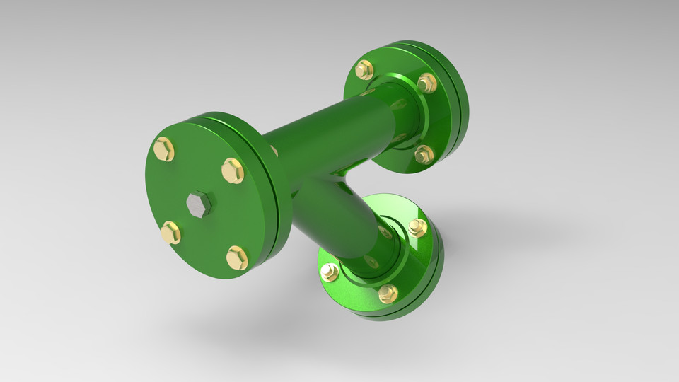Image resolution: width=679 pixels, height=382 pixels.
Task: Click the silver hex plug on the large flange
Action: (199, 204)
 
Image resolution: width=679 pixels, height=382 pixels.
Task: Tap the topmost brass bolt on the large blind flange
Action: (163, 149)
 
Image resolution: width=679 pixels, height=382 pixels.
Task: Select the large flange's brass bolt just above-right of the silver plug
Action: (232, 170)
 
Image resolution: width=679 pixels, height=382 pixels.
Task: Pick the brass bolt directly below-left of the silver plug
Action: (170, 233)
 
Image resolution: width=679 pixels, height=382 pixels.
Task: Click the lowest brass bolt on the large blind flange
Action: (237, 257)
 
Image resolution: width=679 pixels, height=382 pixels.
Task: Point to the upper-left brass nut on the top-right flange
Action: (364, 69)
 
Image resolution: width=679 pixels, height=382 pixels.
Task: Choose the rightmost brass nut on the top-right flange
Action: (426, 83)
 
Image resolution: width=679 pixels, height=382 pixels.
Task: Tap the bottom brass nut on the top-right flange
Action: (423, 154)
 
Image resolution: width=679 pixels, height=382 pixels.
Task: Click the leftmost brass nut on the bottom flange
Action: (330, 272)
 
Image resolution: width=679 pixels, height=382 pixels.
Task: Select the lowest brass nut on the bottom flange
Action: (388, 293)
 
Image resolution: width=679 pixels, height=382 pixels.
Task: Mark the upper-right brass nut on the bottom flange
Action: (417, 227)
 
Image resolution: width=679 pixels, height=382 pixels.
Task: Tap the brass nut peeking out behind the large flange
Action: (274, 151)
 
